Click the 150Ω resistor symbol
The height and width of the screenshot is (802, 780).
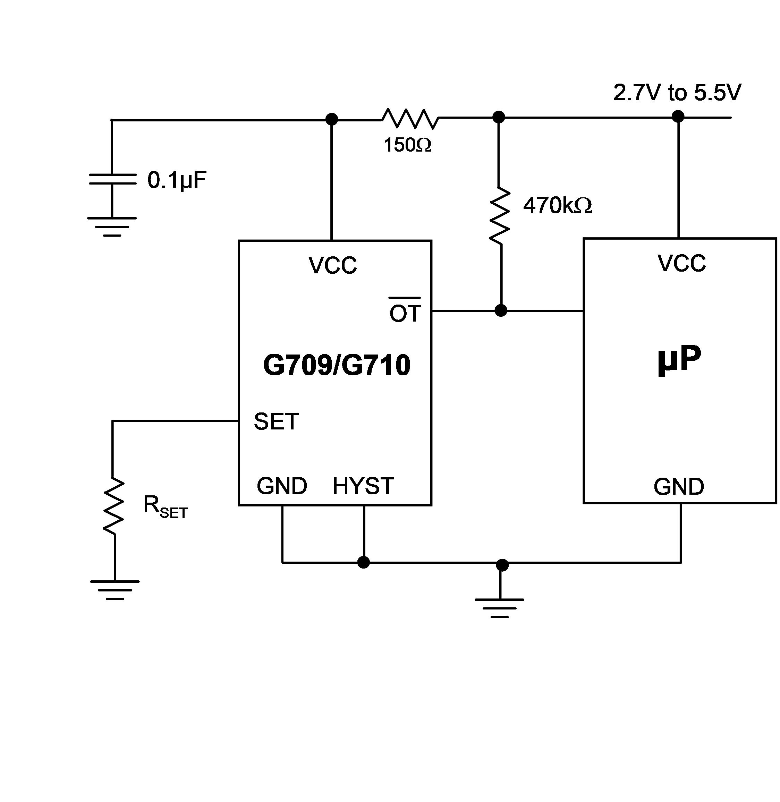tap(410, 118)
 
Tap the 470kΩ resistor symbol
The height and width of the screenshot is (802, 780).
tap(499, 215)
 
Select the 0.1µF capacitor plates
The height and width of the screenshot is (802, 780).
tap(113, 179)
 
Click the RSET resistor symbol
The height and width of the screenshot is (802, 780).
tap(113, 506)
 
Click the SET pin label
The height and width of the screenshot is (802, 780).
tap(276, 421)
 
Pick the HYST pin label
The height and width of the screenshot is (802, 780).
tap(363, 486)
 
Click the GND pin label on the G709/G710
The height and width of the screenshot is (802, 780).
tap(282, 486)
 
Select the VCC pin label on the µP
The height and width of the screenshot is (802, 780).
tap(682, 263)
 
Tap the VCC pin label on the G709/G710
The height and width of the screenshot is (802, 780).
tap(333, 265)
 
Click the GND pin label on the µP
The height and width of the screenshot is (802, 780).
tap(679, 487)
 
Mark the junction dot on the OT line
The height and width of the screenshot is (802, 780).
tap(501, 310)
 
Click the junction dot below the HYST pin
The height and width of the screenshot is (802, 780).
tap(363, 562)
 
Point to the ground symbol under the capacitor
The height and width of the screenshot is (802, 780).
tap(112, 227)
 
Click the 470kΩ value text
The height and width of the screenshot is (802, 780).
tap(558, 206)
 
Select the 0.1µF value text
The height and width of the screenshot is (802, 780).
tap(177, 180)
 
